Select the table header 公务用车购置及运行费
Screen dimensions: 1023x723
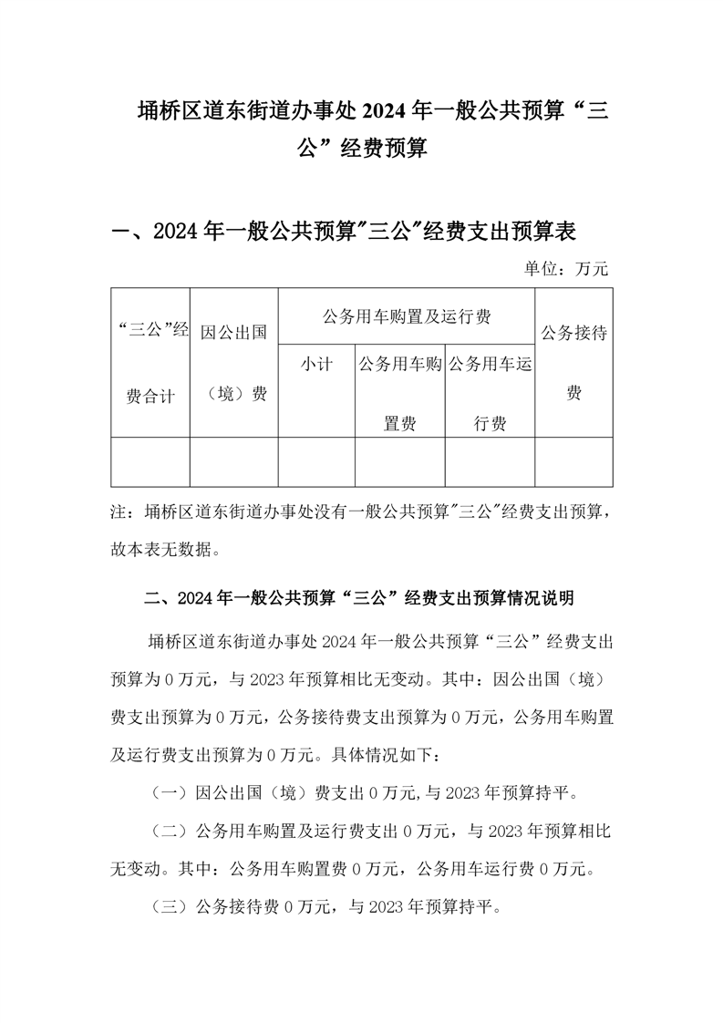pos(407,316)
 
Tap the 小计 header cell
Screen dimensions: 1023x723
pos(316,366)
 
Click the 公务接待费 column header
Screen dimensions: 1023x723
pos(573,362)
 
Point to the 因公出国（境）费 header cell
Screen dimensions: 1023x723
pos(233,362)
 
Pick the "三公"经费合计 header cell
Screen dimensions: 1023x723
pos(150,362)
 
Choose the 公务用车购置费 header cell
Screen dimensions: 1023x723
pos(399,394)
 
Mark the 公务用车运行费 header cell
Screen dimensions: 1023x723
pos(490,394)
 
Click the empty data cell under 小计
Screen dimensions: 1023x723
pos(316,461)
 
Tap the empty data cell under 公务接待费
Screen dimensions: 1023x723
pos(573,461)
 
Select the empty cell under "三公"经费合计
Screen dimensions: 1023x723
pos(150,461)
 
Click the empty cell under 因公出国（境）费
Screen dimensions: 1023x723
pos(233,461)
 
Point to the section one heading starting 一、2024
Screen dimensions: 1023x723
pos(342,232)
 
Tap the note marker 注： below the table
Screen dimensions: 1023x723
pos(121,513)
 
